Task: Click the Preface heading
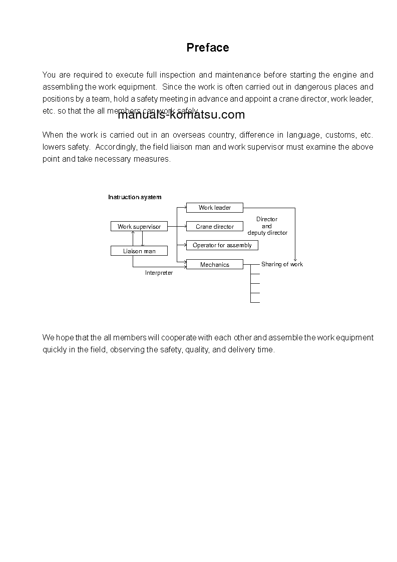[208, 48]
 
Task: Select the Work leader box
[214, 208]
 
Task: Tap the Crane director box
[214, 227]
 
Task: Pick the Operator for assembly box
[222, 245]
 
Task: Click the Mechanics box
[214, 265]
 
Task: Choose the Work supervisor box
[139, 227]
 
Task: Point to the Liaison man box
[139, 251]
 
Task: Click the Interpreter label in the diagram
[159, 273]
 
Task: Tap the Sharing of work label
[282, 264]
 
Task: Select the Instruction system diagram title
[135, 197]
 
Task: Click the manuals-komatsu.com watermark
[181, 115]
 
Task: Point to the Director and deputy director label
[267, 226]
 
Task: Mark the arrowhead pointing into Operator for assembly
[184, 245]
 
